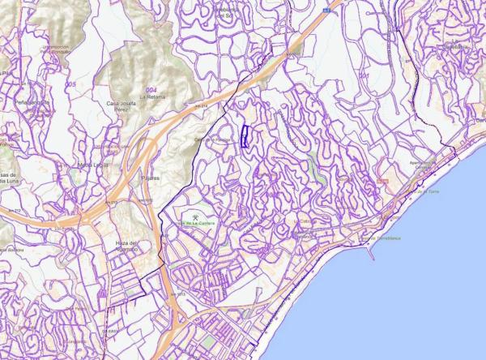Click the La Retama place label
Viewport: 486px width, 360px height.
click(x=151, y=96)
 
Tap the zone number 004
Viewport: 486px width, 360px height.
click(x=151, y=88)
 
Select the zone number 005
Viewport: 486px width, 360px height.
click(x=71, y=84)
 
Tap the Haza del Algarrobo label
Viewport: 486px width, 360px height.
click(x=128, y=246)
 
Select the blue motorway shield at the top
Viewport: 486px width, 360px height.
click(x=326, y=11)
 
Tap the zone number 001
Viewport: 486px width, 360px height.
click(x=364, y=76)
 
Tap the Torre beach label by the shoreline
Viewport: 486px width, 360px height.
click(x=432, y=191)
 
